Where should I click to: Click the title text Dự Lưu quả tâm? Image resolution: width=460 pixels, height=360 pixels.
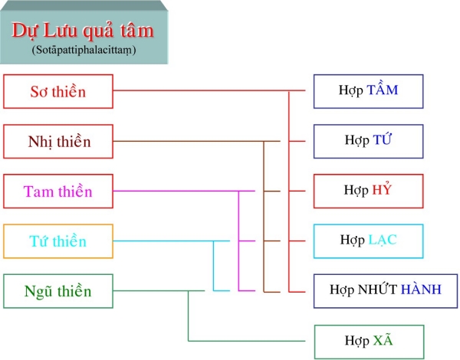(83, 31)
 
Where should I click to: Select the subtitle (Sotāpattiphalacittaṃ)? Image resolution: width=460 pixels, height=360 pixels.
(83, 50)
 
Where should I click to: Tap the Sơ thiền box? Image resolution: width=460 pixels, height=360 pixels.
(58, 92)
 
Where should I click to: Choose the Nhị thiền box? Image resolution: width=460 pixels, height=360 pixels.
(58, 142)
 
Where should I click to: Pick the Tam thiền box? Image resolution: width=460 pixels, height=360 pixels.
(58, 191)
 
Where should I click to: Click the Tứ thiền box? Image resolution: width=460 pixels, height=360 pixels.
(58, 242)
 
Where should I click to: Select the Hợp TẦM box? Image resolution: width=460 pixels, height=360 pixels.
(368, 91)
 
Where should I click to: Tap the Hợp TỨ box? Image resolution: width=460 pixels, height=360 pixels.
(368, 141)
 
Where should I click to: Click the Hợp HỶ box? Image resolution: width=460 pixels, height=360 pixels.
(368, 191)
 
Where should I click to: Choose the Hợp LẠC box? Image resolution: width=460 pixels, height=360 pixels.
(368, 241)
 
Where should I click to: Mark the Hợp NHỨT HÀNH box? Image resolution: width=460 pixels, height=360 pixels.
(385, 290)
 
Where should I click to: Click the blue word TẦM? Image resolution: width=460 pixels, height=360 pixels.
(383, 90)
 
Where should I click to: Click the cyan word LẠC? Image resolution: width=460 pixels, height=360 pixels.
(382, 241)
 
